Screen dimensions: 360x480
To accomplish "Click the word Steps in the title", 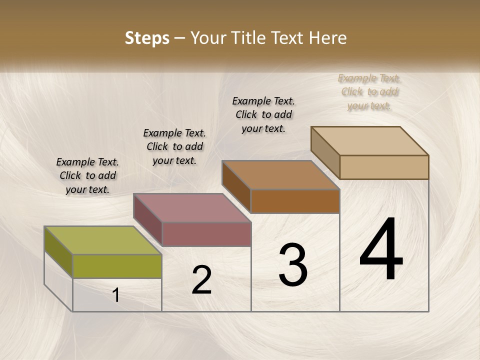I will [x=147, y=38].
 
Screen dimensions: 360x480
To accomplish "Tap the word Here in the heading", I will [x=328, y=38].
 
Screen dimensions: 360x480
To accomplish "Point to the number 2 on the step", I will [x=201, y=280].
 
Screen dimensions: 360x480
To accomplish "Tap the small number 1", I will [x=116, y=295].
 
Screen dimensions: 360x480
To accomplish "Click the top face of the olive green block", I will [x=102, y=240].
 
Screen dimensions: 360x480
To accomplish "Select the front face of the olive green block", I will [x=117, y=266].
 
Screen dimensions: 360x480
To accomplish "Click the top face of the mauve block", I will [x=191, y=207].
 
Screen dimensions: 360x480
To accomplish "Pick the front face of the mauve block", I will [x=206, y=234].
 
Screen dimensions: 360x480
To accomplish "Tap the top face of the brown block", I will [x=280, y=174].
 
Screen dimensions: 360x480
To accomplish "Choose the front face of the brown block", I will [x=295, y=201].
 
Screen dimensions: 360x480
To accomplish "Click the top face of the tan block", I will [x=369, y=140].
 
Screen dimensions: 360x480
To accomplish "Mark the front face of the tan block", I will [x=384, y=167].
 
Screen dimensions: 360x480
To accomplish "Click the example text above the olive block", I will [x=87, y=175].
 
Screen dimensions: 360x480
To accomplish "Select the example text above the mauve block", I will [x=174, y=146].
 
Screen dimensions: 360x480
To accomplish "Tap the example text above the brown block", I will [x=263, y=114].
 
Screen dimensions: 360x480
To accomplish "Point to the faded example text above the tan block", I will [x=369, y=91].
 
